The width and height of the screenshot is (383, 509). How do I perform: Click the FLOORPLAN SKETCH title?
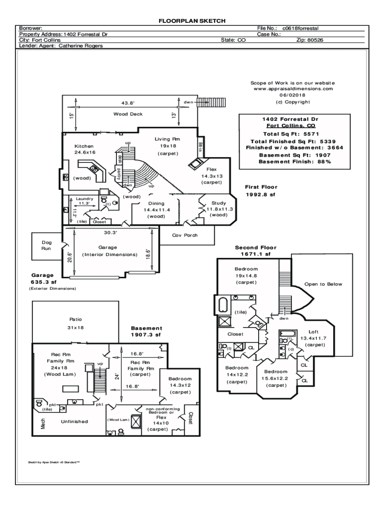192,21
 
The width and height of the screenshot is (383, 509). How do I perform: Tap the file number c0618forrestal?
300,28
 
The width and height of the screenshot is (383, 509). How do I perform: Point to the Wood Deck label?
128,114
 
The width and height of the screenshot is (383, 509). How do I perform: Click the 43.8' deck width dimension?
128,103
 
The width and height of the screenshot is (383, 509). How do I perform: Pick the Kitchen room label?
84,146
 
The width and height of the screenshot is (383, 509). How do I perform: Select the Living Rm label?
167,139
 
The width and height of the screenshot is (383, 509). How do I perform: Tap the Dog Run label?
46,246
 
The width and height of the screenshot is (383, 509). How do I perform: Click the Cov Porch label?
185,235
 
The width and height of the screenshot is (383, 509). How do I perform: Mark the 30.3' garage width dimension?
110,233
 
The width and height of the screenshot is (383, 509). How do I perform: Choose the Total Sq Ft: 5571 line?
291,134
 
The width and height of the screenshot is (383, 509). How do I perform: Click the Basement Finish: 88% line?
295,162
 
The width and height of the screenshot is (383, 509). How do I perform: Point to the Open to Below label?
323,284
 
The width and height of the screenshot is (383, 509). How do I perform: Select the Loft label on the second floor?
313,332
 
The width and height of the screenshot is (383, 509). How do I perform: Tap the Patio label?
76,320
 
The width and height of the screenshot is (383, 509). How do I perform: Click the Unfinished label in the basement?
75,422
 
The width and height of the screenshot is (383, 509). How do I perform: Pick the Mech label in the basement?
43,424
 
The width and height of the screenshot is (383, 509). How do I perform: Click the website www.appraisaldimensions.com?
293,88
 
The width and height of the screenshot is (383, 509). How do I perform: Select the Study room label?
219,203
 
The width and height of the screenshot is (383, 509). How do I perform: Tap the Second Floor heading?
256,248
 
